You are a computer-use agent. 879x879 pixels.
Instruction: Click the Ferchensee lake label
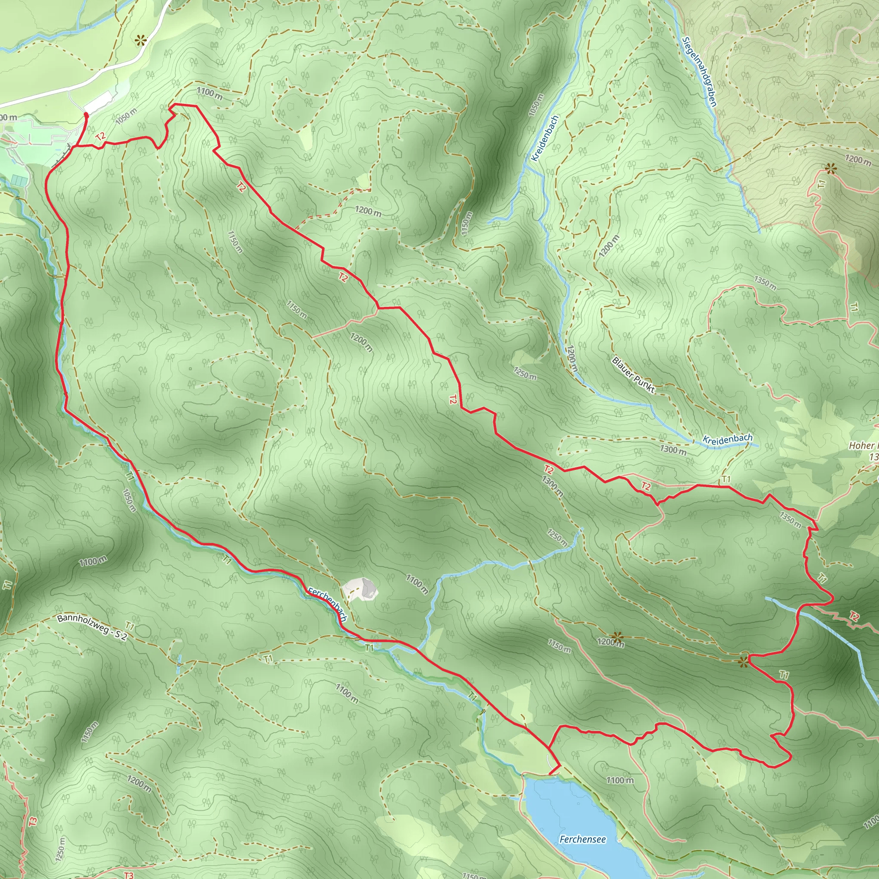[x=582, y=839]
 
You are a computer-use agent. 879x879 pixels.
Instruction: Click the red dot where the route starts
[x=86, y=115]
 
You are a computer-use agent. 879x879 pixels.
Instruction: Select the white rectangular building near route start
[x=98, y=103]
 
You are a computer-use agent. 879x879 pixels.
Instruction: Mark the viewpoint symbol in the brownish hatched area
[x=831, y=170]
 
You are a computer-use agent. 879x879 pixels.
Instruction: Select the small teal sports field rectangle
[x=20, y=180]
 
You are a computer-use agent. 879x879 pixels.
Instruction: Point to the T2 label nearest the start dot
[x=100, y=136]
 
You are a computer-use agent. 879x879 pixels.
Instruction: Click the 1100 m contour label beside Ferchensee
[x=620, y=780]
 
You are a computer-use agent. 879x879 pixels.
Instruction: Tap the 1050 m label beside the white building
[x=126, y=116]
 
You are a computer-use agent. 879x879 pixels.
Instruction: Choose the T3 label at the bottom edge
[x=129, y=875]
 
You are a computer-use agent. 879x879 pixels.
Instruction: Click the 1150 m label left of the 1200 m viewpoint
[x=559, y=646]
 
